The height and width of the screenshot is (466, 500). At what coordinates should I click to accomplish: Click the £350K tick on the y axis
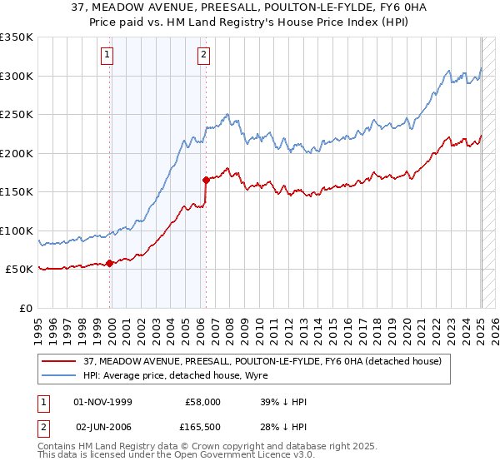pyautogui.click(x=17, y=37)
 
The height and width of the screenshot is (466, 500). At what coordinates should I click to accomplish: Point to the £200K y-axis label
pyautogui.click(x=17, y=153)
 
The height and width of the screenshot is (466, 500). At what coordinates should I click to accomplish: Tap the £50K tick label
pyautogui.click(x=20, y=270)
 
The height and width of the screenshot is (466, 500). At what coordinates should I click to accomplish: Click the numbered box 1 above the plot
pyautogui.click(x=108, y=56)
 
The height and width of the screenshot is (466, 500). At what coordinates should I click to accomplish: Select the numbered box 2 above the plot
pyautogui.click(x=203, y=56)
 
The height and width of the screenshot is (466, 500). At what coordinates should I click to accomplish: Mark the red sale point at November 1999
pyautogui.click(x=110, y=263)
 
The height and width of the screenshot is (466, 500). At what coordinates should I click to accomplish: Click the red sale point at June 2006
pyautogui.click(x=206, y=179)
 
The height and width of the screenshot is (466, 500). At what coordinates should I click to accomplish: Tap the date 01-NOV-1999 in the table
pyautogui.click(x=104, y=402)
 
